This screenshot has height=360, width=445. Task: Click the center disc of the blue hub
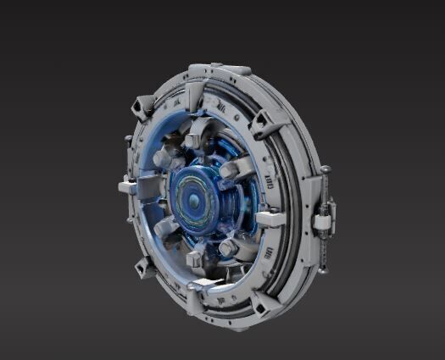[x=194, y=200]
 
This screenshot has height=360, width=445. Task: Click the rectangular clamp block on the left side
[x=129, y=186]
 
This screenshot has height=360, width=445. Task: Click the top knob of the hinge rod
[x=325, y=171]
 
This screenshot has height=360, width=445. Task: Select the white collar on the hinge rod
[x=321, y=223]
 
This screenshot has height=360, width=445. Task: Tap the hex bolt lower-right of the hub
[x=226, y=246]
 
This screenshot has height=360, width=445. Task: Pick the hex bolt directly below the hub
[x=193, y=258]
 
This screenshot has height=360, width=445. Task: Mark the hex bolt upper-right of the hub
[x=227, y=170]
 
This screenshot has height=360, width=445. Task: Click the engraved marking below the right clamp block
[x=269, y=252]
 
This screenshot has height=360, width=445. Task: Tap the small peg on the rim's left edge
[x=128, y=140]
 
